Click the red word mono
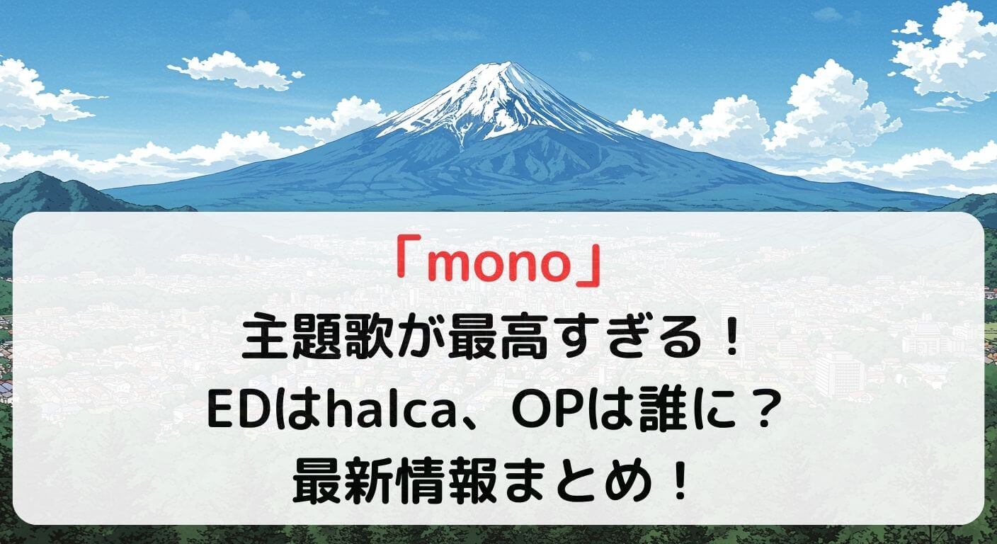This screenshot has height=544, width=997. [498, 267]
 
